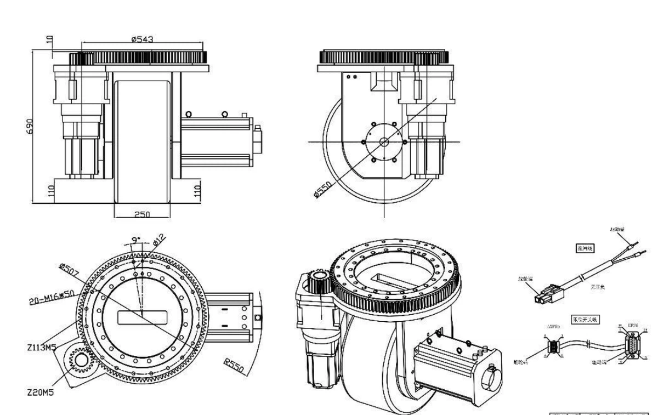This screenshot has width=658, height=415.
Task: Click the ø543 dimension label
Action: (x=143, y=39)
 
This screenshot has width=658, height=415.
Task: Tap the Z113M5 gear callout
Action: (x=43, y=348)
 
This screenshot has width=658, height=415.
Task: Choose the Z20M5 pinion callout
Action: (x=39, y=393)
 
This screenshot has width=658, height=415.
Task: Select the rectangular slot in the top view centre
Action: (x=140, y=317)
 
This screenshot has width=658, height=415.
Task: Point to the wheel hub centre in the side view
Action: (x=384, y=142)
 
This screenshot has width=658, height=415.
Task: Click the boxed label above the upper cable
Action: (x=582, y=248)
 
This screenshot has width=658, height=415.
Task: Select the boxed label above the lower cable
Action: (x=582, y=320)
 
